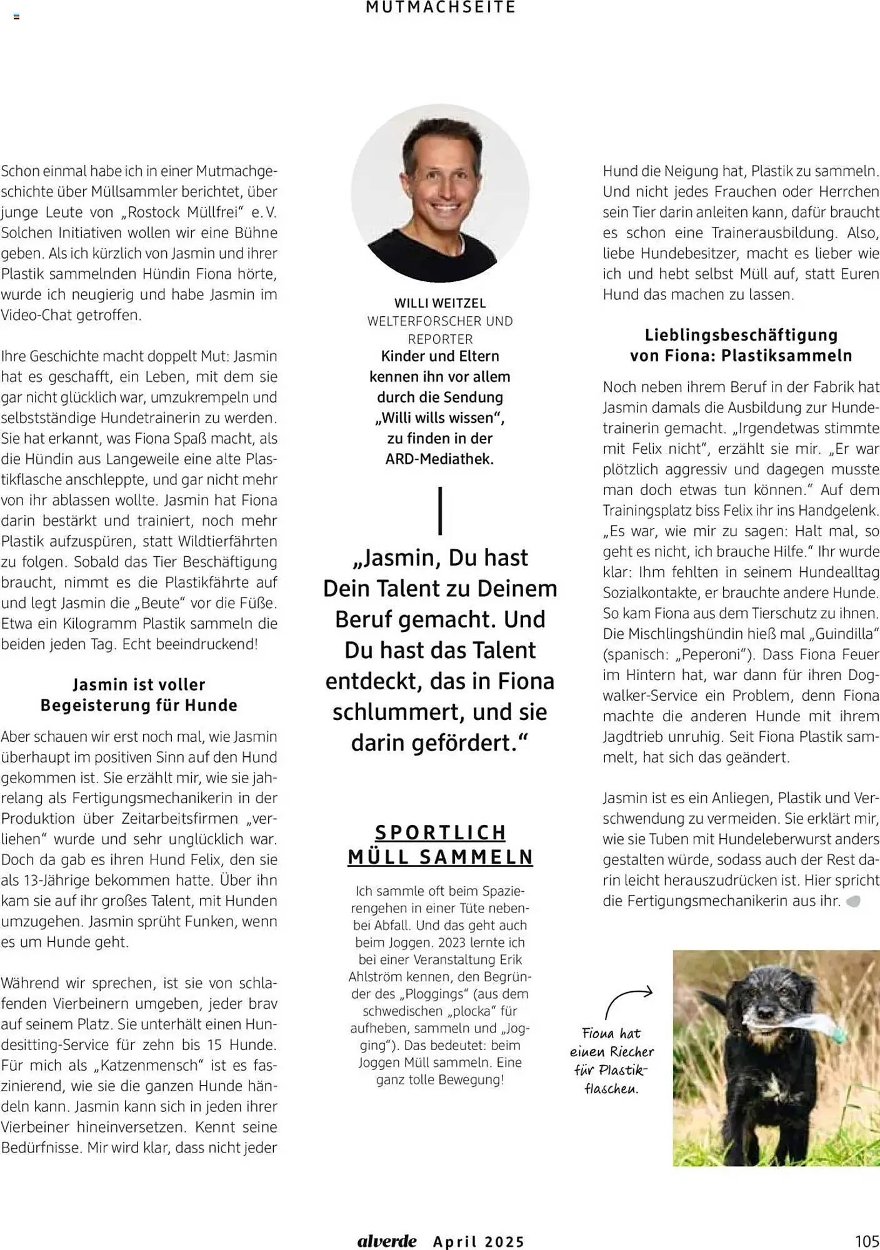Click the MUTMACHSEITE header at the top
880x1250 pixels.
[x=440, y=7]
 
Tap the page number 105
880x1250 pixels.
[x=866, y=1241]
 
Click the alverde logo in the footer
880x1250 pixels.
[x=387, y=1241]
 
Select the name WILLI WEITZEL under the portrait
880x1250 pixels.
[x=440, y=303]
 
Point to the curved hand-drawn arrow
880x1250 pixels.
[x=627, y=1001]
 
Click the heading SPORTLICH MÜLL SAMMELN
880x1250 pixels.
[x=440, y=844]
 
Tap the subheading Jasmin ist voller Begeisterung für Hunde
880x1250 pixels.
[x=139, y=695]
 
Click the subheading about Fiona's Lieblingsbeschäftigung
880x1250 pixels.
[x=741, y=345]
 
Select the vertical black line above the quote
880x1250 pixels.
[x=441, y=511]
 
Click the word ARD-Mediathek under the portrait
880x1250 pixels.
[x=439, y=459]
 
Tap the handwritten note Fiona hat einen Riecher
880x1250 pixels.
[x=611, y=1061]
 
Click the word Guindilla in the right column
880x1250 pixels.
[x=843, y=633]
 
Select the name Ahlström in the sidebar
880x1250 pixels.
[x=376, y=976]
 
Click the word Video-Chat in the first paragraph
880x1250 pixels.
[x=37, y=315]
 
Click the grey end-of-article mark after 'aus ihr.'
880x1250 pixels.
[x=853, y=901]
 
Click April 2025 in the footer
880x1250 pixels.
[x=479, y=1241]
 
